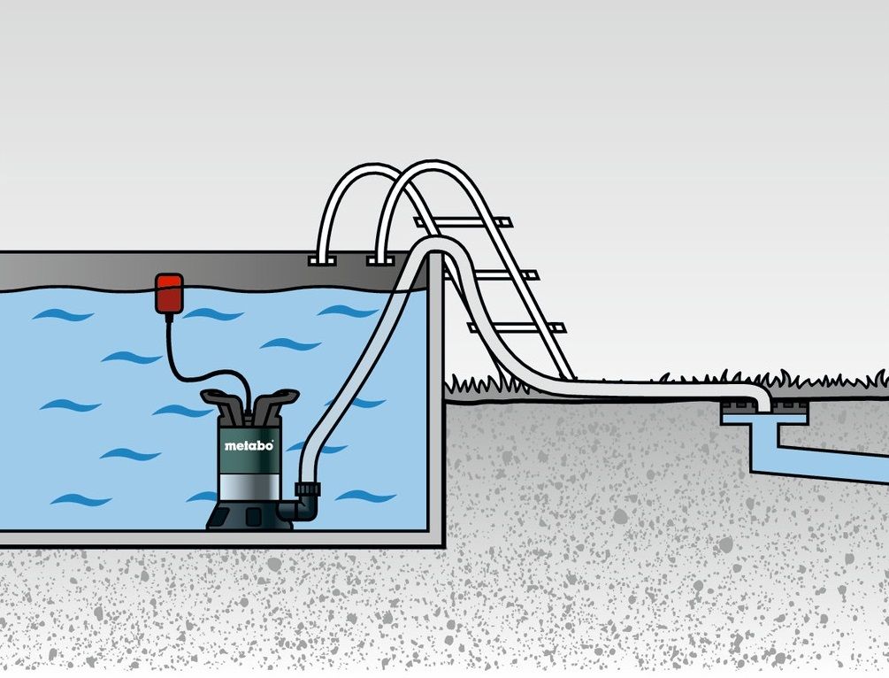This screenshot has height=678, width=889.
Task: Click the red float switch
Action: point(170,293)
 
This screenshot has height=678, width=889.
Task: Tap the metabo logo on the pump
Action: point(249,445)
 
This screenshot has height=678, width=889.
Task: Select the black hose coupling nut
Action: point(307,489)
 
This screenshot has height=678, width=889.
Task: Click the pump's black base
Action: point(249,515)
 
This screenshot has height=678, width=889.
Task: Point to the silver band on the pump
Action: point(249,488)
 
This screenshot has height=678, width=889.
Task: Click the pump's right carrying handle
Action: point(276,403)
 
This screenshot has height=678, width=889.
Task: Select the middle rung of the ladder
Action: point(491,275)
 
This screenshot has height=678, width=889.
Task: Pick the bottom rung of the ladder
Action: point(517,327)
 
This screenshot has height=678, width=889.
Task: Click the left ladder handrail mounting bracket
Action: point(322,260)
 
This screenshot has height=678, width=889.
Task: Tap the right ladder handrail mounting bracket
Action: point(379,260)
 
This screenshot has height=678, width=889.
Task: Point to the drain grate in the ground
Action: point(763,406)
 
